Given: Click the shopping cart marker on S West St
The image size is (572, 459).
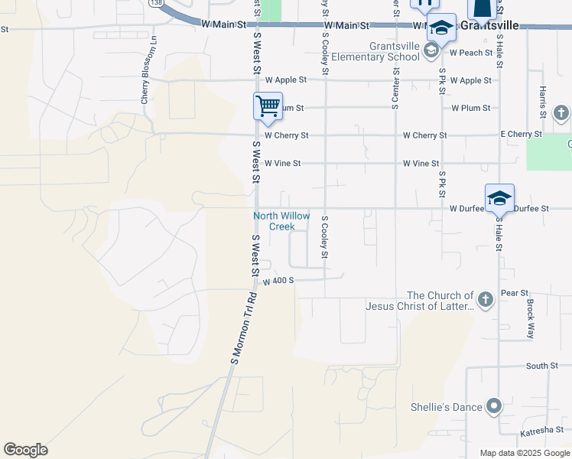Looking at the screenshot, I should tap(268, 106).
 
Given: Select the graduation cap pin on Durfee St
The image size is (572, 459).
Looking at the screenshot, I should tap(499, 198).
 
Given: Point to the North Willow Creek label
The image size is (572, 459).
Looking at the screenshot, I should tap(281, 221).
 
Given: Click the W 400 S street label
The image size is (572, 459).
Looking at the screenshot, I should tap(278, 282).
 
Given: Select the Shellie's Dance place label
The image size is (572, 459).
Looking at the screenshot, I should tap(446, 406).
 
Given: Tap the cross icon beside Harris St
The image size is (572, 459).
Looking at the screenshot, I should tap(561, 114).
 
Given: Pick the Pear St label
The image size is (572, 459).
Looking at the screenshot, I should tap(514, 293).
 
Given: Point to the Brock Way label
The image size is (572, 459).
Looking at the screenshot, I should tap(530, 318).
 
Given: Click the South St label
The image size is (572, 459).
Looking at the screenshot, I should tap(542, 366).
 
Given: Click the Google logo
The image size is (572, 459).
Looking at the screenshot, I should tap(25, 450).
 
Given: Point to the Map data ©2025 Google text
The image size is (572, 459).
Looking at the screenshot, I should tap(524, 454).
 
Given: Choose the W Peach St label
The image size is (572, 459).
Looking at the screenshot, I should tap(471, 53).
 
